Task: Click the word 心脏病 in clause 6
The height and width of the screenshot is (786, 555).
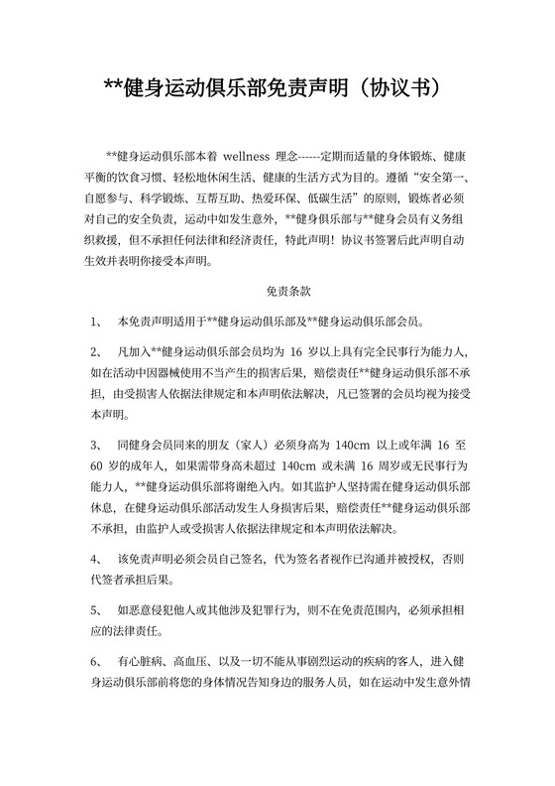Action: coord(141,660)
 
